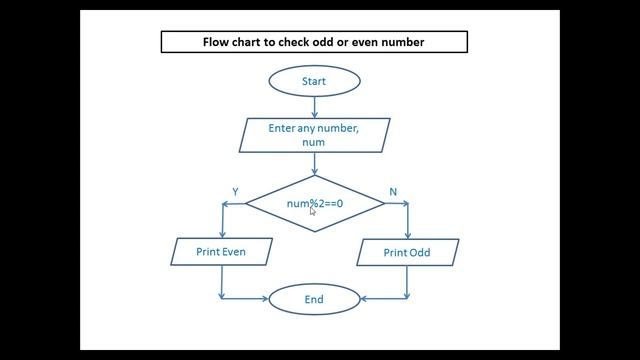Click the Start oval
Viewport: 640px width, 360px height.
point(313,80)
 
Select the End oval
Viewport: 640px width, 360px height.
point(313,299)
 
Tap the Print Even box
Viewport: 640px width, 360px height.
point(220,252)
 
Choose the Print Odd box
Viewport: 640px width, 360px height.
point(407,252)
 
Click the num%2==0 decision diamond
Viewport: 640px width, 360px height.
point(314,204)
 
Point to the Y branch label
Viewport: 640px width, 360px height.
point(235,191)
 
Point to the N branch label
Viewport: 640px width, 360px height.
point(392,191)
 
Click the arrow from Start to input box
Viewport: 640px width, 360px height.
point(313,106)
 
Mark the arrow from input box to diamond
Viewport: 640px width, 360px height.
point(313,164)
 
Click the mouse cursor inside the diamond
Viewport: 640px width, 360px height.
point(313,211)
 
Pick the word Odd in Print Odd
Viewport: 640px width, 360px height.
point(419,252)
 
